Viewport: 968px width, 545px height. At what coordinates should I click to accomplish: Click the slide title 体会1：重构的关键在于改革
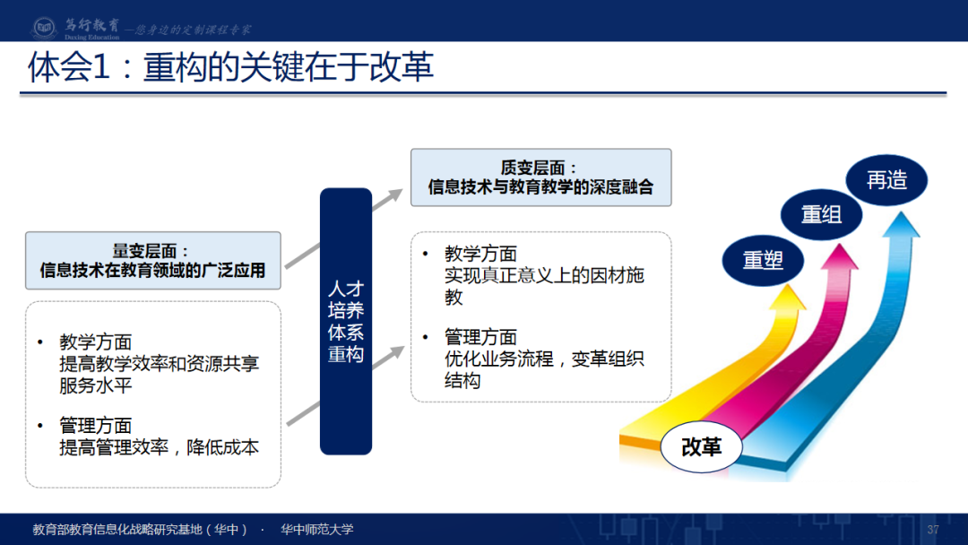point(230,66)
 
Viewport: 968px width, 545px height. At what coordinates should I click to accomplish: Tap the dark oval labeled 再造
point(886,180)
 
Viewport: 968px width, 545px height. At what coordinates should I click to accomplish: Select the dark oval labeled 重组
point(821,215)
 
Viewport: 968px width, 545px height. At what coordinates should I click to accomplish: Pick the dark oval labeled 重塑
point(763,261)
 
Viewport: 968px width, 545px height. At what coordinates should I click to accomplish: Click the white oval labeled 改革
point(701,446)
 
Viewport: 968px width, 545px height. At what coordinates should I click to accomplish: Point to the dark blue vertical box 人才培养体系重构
point(346,321)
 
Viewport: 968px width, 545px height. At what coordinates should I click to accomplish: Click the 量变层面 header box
point(153,261)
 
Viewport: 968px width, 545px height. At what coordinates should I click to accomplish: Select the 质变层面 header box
point(540,177)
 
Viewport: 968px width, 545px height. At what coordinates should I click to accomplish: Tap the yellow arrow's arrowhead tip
point(791,285)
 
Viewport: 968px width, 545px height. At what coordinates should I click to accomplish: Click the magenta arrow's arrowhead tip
point(840,245)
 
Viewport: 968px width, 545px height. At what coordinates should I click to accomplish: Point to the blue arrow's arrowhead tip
point(902,212)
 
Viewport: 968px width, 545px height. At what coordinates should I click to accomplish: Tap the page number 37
point(933,530)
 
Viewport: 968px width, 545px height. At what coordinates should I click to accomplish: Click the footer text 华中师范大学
point(316,529)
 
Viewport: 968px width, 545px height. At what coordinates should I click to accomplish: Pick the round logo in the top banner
point(44,27)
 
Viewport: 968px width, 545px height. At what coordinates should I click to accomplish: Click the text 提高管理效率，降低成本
point(159,447)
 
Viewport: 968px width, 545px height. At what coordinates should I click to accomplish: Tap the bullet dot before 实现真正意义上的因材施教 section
point(426,254)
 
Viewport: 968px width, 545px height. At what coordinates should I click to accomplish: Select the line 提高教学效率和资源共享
point(159,364)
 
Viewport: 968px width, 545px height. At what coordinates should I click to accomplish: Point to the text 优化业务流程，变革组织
point(544,359)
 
